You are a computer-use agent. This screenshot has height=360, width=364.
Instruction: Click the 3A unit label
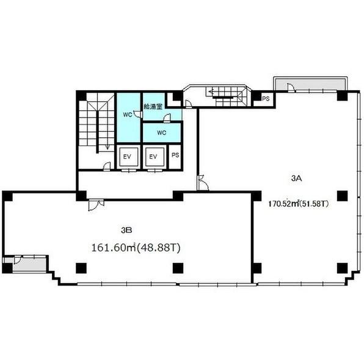click(x=296, y=178)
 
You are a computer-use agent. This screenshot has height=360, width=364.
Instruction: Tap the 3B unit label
click(x=126, y=230)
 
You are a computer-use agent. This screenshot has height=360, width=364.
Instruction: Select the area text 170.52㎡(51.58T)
click(x=299, y=204)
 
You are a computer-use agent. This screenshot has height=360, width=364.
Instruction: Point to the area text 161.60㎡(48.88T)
click(x=136, y=248)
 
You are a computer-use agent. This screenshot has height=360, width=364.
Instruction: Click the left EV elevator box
click(x=127, y=157)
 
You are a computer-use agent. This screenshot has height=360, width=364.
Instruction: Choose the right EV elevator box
click(x=153, y=157)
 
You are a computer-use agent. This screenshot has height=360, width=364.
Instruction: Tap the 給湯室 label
click(x=153, y=106)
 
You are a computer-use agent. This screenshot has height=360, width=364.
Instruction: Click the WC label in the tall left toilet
click(x=128, y=115)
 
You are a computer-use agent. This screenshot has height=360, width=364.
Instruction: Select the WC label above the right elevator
click(x=162, y=132)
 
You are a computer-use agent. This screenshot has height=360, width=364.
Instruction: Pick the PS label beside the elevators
click(x=175, y=155)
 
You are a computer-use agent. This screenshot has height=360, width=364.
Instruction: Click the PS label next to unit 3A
click(x=266, y=99)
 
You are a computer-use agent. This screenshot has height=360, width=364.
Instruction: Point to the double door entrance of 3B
click(x=96, y=204)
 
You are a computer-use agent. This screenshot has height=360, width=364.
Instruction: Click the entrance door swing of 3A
click(x=203, y=183)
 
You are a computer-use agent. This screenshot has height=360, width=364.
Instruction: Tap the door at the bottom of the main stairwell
click(x=107, y=167)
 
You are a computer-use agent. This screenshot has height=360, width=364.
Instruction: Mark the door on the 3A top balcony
click(x=291, y=88)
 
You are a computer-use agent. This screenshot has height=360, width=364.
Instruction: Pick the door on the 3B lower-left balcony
click(x=18, y=259)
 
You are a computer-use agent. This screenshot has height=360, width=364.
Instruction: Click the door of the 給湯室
click(x=167, y=118)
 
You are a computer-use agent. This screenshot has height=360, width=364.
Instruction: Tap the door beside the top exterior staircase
click(x=188, y=104)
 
